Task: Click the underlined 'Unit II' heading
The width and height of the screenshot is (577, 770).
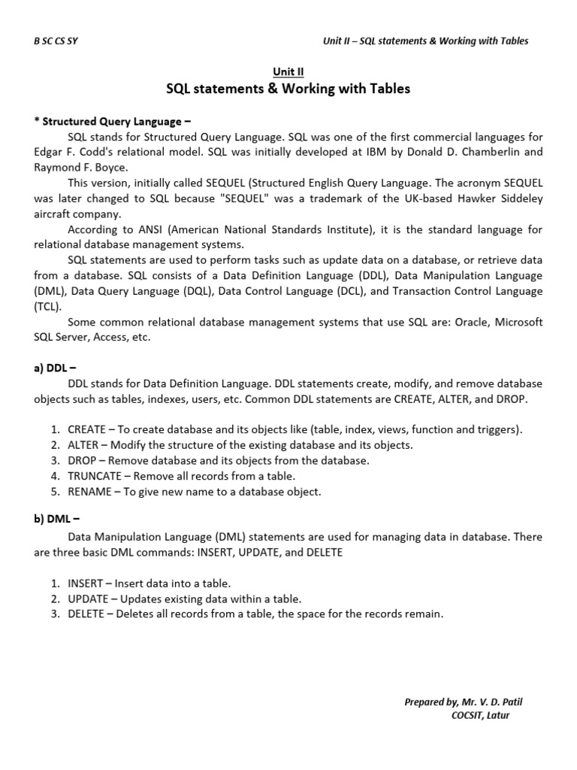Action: click(x=288, y=73)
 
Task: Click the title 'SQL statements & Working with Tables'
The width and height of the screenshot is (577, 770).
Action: click(x=288, y=89)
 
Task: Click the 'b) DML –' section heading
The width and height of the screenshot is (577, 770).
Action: click(x=57, y=521)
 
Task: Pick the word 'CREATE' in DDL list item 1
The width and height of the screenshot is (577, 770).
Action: click(x=86, y=429)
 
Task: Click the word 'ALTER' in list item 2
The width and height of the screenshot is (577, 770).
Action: click(x=82, y=444)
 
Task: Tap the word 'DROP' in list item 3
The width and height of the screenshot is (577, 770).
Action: click(x=81, y=460)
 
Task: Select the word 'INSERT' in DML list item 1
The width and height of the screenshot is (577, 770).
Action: click(x=83, y=583)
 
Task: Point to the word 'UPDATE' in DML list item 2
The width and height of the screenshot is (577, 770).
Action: click(x=87, y=599)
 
